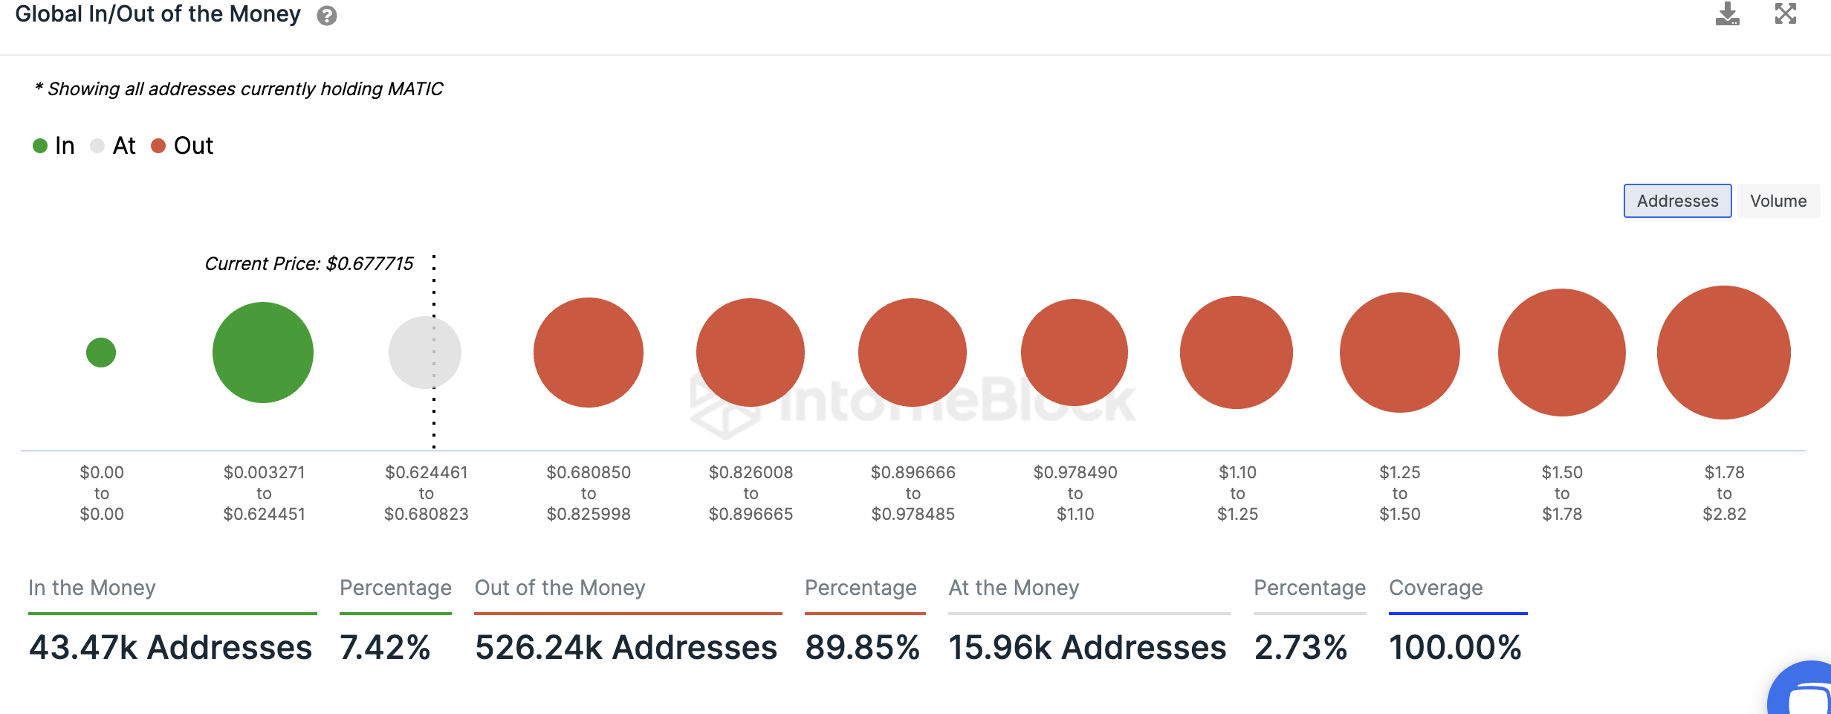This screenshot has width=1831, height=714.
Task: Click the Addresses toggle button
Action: tap(1677, 201)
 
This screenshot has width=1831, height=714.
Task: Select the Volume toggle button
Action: tap(1777, 201)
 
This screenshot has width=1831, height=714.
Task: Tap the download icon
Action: tap(1727, 14)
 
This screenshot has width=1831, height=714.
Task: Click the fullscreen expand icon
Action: tap(1785, 14)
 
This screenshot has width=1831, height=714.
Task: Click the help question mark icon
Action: tap(327, 16)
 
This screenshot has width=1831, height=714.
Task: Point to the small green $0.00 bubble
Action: tap(101, 353)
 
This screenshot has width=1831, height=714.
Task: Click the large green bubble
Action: tap(263, 353)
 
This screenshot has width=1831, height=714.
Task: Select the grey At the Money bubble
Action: tap(424, 353)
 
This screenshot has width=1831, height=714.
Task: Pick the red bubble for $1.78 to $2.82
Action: tap(1723, 353)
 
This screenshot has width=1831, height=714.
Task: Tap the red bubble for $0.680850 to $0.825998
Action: tap(588, 353)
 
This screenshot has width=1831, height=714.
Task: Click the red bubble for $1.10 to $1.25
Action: tap(1237, 353)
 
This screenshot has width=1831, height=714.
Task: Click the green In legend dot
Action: tap(40, 146)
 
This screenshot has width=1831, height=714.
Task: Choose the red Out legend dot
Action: tap(158, 146)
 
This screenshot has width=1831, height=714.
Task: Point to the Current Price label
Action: tap(308, 264)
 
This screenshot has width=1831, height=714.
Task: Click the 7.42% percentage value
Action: tap(385, 647)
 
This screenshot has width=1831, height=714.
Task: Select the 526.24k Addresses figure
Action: tap(626, 647)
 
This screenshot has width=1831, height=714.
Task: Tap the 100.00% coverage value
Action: tap(1455, 647)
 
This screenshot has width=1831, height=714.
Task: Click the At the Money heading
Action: tap(1014, 588)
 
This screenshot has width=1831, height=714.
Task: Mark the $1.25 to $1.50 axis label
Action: tap(1399, 493)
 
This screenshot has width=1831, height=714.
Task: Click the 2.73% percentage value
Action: tap(1300, 647)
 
